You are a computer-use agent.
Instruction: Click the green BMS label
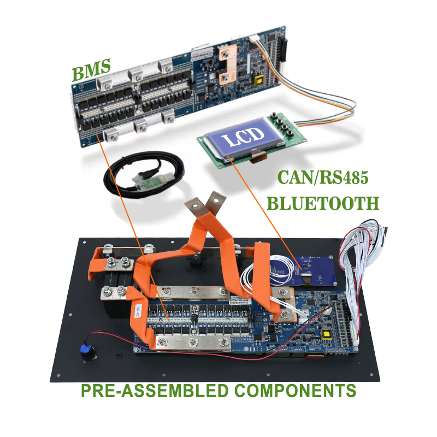(x=91, y=69)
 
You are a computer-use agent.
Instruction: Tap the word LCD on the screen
(x=243, y=135)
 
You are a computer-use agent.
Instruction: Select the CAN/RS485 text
(x=323, y=177)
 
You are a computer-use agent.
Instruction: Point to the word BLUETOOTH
(x=323, y=203)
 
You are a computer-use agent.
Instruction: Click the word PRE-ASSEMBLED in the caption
(x=155, y=391)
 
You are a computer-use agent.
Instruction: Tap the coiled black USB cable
(x=144, y=175)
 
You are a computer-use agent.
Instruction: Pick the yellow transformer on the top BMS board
(x=259, y=81)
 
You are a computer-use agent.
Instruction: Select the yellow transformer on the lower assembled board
(x=326, y=334)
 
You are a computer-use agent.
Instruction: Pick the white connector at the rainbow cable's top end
(x=254, y=39)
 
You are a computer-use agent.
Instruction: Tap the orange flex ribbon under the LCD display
(x=258, y=157)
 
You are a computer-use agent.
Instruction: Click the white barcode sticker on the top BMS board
(x=202, y=54)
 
